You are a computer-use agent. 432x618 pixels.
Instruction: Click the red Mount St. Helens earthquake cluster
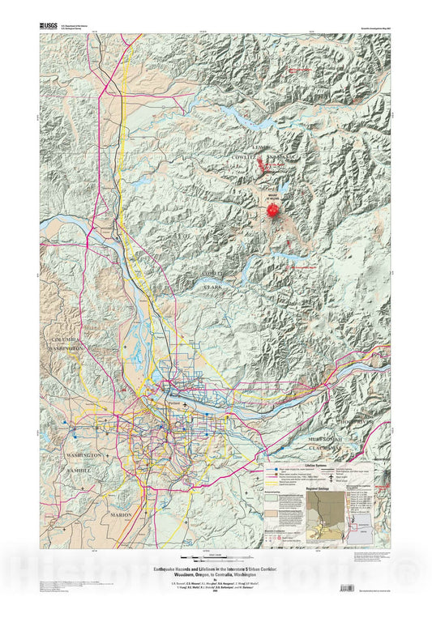pyautogui.click(x=272, y=210)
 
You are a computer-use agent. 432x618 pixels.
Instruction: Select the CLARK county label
pyautogui.click(x=212, y=286)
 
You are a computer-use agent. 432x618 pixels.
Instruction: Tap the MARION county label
pyautogui.click(x=121, y=514)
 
